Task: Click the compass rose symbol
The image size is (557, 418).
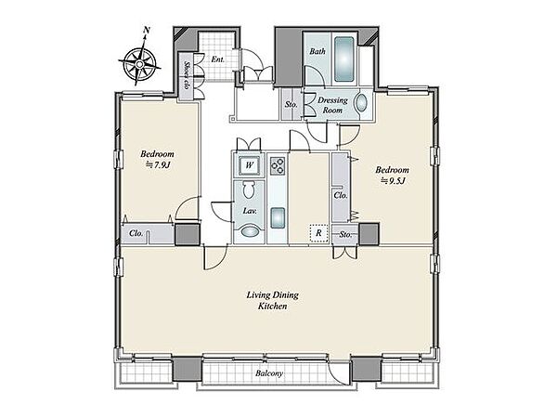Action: (140, 63)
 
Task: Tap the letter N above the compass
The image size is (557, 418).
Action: (146, 31)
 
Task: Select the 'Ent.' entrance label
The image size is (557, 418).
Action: (217, 59)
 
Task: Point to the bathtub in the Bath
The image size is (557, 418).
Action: (343, 59)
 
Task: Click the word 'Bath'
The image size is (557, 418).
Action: (317, 51)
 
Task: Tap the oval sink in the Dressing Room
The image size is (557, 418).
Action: (362, 103)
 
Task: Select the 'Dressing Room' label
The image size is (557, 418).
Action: (332, 105)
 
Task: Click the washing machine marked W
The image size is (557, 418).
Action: (250, 165)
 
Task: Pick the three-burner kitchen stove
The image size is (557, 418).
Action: (278, 166)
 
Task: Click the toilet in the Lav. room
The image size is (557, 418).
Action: (249, 189)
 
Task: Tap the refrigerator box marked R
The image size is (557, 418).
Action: (318, 233)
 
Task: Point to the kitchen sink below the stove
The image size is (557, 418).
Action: (278, 218)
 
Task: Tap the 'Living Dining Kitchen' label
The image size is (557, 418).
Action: (273, 300)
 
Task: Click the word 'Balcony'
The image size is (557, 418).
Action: (269, 373)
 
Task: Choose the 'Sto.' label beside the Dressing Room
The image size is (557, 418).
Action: (291, 104)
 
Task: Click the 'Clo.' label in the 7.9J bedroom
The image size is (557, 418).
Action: (136, 233)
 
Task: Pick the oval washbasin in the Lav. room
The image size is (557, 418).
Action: (250, 231)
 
